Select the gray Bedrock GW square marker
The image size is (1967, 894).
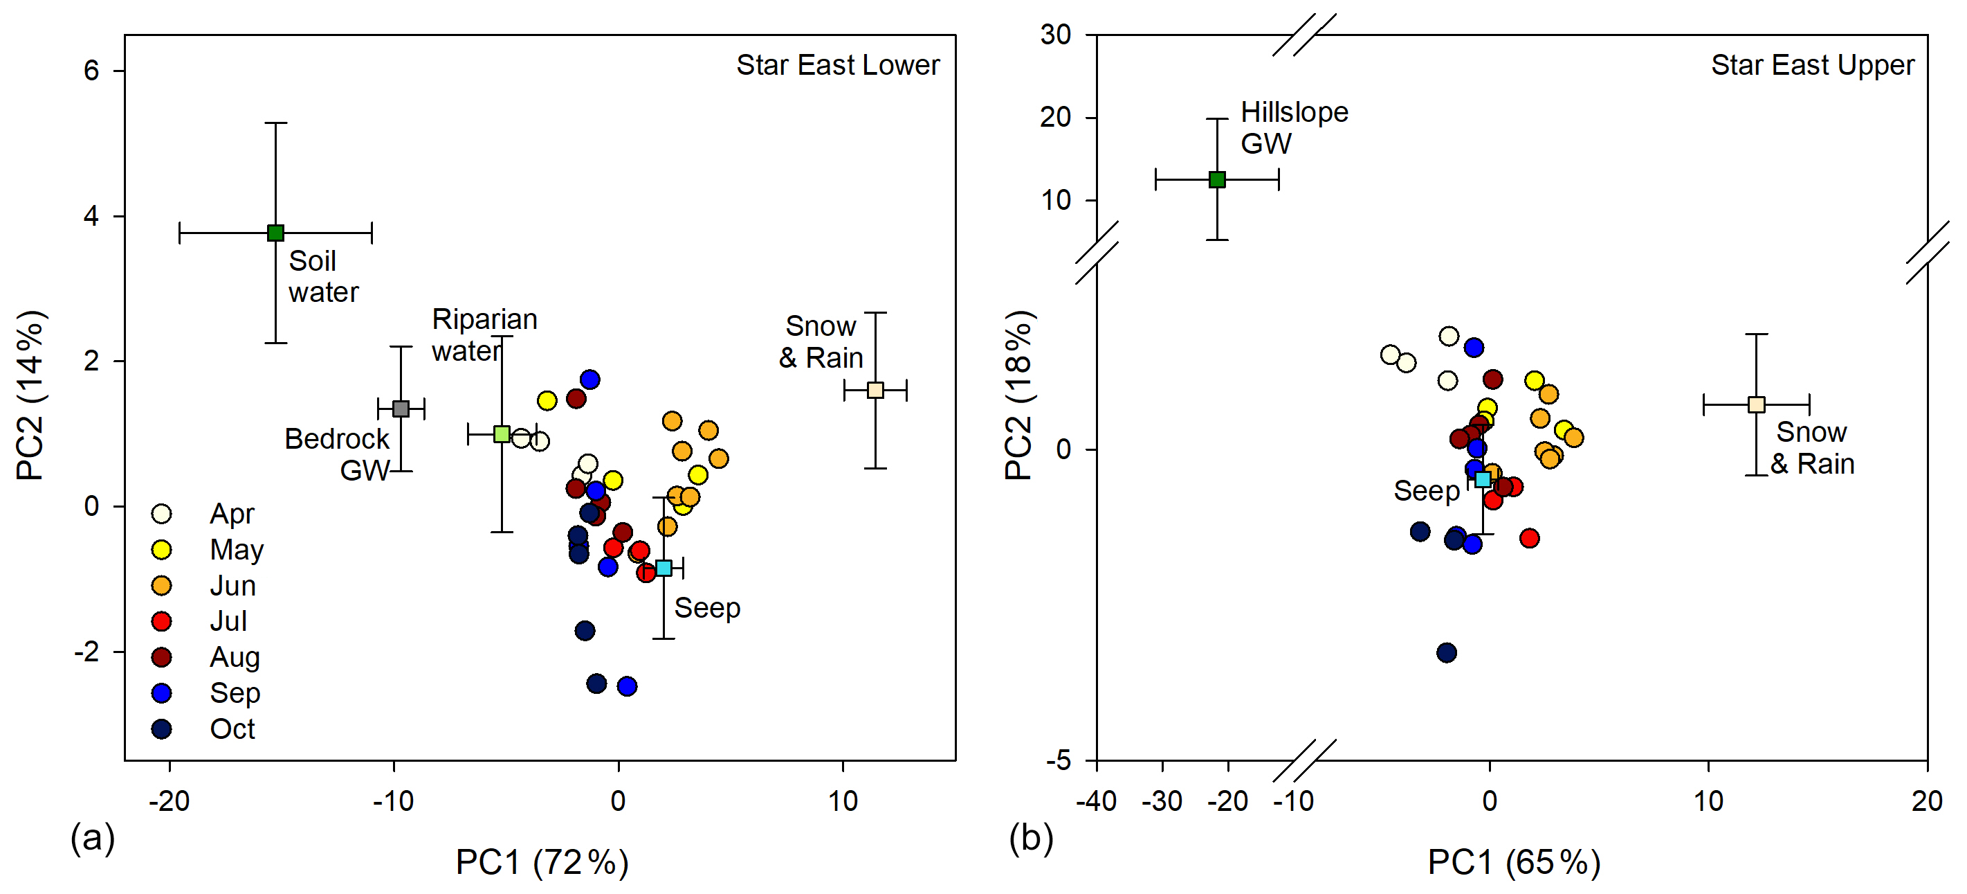tap(401, 409)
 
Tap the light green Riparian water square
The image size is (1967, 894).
tap(502, 434)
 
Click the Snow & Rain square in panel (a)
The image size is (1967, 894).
tap(875, 390)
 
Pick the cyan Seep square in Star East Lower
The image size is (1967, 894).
tap(664, 568)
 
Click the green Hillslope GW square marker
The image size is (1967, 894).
tap(1217, 179)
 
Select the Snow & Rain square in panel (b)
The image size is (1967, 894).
tap(1756, 404)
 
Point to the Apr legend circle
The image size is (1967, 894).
tap(161, 513)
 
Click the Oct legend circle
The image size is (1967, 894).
tap(161, 728)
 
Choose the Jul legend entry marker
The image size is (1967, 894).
tap(161, 621)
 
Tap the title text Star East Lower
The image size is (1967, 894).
tap(838, 65)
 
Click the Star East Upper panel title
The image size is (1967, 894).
tap(1812, 65)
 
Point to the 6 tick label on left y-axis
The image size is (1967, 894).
tap(91, 71)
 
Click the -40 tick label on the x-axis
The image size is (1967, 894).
tap(1096, 801)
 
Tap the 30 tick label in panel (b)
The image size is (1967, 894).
tap(1055, 35)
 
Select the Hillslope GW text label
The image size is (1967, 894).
tap(1294, 127)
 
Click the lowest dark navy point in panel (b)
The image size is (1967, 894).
tap(1446, 652)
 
